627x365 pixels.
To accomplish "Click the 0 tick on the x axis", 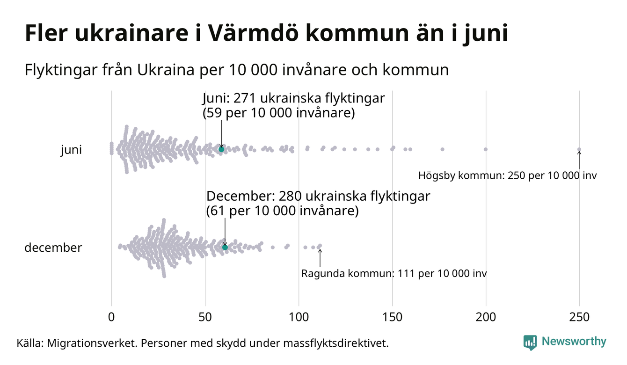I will click(x=111, y=317).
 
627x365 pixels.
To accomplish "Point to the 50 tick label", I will click(x=205, y=317).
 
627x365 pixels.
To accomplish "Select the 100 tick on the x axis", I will click(x=299, y=317).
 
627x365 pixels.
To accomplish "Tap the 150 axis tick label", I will click(x=392, y=317).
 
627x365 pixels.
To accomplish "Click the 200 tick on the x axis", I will click(x=486, y=317).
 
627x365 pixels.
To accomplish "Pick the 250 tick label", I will click(x=579, y=317).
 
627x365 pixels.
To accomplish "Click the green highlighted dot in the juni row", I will click(x=221, y=149).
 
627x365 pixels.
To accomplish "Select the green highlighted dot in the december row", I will click(x=225, y=247).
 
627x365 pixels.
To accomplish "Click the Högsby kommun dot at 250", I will click(x=579, y=150).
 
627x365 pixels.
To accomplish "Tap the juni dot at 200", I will click(x=486, y=149).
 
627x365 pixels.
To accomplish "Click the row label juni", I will click(x=71, y=150).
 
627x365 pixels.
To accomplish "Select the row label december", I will click(x=53, y=248).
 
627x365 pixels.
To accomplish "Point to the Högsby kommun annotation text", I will click(x=508, y=176).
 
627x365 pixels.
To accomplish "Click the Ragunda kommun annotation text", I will click(x=394, y=273).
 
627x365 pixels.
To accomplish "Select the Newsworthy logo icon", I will click(x=530, y=343).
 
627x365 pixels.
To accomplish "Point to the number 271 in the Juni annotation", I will click(x=243, y=99).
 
